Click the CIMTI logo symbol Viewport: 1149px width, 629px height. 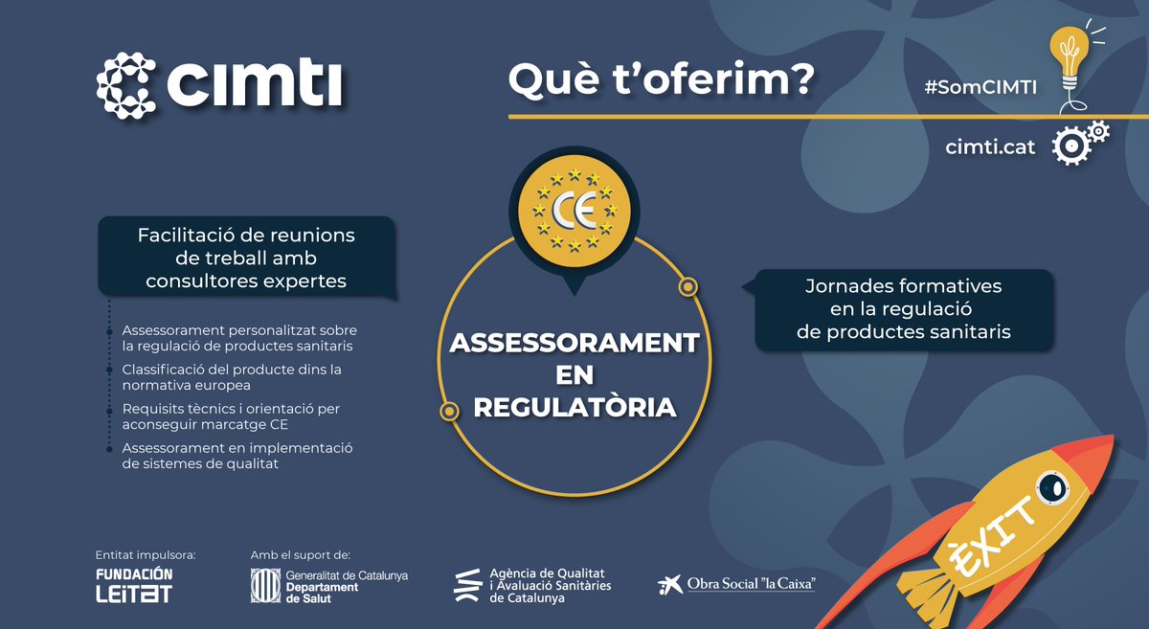tap(125, 85)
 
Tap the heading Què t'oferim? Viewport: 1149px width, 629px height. tap(661, 80)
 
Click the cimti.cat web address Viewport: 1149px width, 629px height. tap(989, 147)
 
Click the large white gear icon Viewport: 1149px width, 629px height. tap(1069, 146)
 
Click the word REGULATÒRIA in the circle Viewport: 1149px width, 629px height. tap(574, 407)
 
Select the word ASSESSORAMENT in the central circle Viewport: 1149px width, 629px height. tap(574, 343)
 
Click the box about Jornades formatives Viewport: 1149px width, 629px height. tap(903, 309)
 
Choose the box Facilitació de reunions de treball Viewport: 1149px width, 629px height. tap(246, 258)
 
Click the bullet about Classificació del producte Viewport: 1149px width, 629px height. tap(232, 376)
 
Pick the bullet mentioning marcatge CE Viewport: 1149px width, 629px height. tap(231, 416)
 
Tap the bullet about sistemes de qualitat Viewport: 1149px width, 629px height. tap(237, 456)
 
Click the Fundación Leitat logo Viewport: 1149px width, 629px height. tap(134, 585)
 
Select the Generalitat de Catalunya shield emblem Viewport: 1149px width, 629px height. tap(263, 586)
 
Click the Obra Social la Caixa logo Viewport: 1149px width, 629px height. tap(737, 583)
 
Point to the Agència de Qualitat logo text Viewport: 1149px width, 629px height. tap(550, 583)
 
